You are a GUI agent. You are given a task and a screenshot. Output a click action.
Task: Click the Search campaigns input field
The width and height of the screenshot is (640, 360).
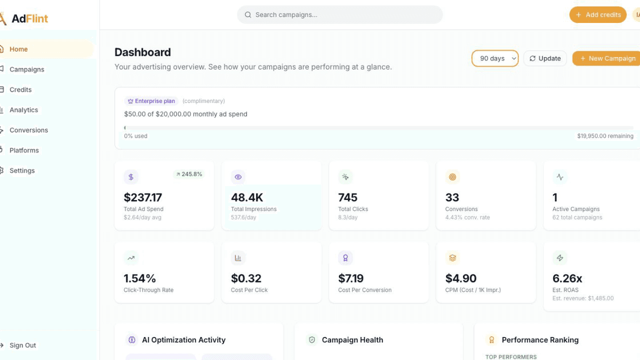[340, 15]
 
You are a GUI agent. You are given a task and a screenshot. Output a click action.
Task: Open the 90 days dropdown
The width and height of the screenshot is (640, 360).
[495, 59]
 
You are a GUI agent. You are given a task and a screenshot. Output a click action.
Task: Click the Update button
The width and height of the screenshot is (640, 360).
[545, 59]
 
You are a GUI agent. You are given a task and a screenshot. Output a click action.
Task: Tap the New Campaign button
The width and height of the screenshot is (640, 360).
[606, 59]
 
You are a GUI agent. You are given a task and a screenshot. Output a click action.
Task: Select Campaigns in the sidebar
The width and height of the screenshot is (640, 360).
[27, 69]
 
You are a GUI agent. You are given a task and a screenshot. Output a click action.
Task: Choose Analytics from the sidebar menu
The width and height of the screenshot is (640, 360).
[23, 110]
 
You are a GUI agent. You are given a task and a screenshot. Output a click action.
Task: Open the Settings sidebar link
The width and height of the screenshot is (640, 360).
[22, 171]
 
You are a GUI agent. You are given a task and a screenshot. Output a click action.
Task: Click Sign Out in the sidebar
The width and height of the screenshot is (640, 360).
[22, 346]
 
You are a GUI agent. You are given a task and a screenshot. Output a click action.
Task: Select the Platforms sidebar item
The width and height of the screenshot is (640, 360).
[24, 150]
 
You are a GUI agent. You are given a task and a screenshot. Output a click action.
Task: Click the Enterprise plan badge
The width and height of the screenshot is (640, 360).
[151, 101]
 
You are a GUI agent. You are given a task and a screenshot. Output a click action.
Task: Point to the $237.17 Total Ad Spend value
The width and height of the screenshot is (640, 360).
[143, 197]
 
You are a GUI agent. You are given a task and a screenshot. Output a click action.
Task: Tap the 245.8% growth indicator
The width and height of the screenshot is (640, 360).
[189, 174]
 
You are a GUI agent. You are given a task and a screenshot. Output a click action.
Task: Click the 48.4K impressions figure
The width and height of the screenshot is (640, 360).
[247, 197]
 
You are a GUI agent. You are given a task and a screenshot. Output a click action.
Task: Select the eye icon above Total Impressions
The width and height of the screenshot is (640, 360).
[238, 177]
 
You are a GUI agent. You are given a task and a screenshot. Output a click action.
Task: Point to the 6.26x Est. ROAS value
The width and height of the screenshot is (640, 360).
[567, 278]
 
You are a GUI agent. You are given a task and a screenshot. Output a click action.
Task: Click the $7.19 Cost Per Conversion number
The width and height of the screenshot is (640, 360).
[350, 278]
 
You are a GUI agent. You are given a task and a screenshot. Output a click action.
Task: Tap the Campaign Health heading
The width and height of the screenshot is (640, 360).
[353, 340]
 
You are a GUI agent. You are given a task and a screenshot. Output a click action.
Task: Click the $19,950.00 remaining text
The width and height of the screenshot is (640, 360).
[605, 136]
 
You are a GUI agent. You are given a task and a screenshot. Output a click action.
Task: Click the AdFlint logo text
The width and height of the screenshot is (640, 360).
[30, 19]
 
